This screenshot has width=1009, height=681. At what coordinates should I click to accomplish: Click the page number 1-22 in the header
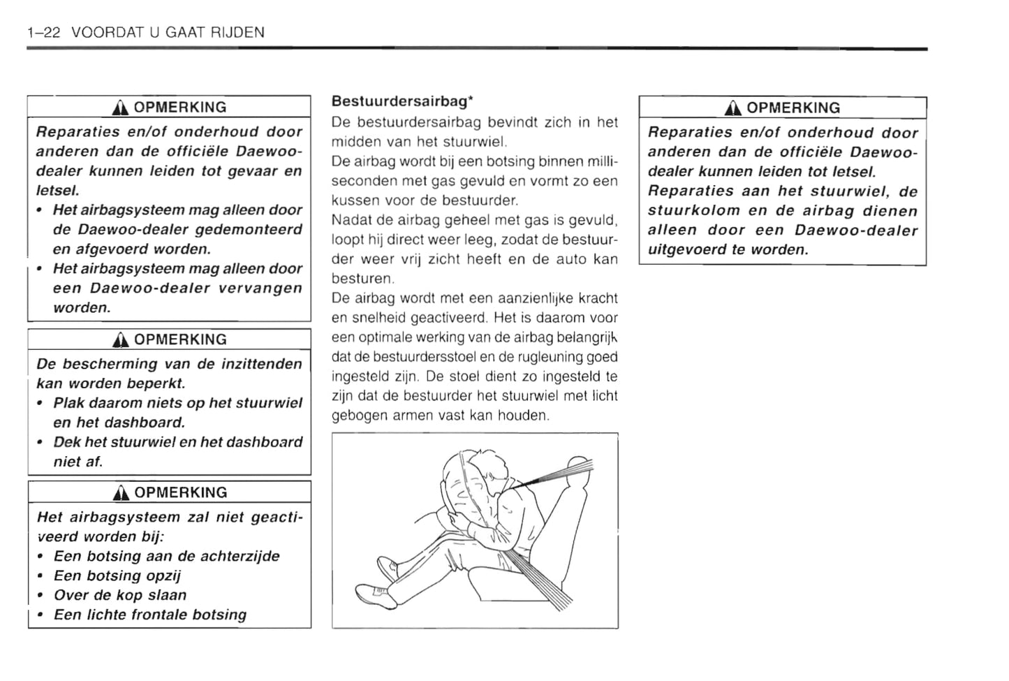pyautogui.click(x=44, y=32)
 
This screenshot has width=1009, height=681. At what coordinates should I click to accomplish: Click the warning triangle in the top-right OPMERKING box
pyautogui.click(x=733, y=108)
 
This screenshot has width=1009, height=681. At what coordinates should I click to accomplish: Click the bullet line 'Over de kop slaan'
pyautogui.click(x=120, y=596)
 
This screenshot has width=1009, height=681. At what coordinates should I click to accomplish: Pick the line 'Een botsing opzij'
pyautogui.click(x=117, y=576)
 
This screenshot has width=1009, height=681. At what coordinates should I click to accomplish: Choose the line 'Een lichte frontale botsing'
pyautogui.click(x=150, y=615)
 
